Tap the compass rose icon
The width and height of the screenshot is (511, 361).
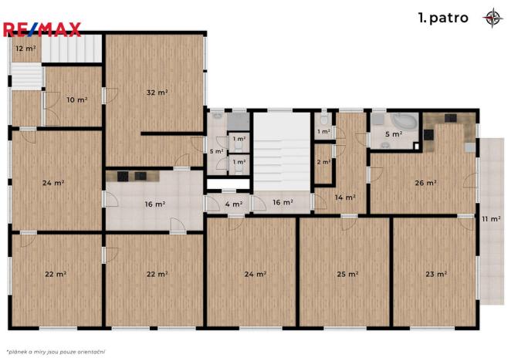coord(491,18)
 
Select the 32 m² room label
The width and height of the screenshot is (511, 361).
coord(157,92)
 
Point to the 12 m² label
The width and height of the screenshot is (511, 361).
coord(25,49)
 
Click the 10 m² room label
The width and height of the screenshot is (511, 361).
coord(76,100)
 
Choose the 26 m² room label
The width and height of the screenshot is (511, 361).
coord(425,183)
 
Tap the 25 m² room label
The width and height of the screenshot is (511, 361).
coord(347,274)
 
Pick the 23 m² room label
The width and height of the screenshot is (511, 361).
coord(436,274)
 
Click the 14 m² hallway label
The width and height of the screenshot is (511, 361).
coord(344,197)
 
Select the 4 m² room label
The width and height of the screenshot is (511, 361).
coord(232,204)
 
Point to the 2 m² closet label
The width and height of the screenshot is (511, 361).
coord(323,162)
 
